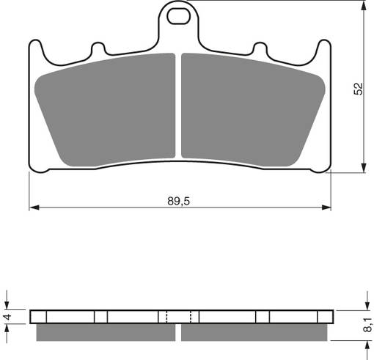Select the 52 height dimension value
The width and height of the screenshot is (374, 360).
[358, 88]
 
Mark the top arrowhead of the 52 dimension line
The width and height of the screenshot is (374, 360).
[365, 6]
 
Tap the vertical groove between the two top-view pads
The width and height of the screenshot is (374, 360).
[179, 106]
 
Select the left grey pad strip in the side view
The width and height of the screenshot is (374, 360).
[106, 333]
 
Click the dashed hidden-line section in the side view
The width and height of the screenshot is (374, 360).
[179, 317]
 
